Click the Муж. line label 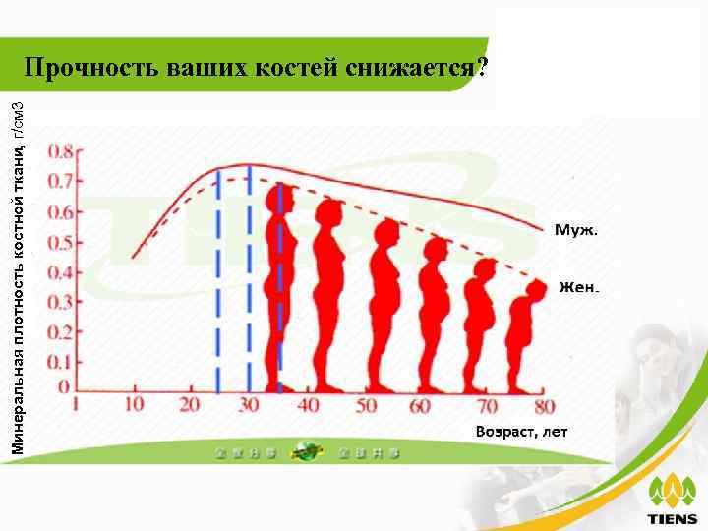576,229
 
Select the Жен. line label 578,288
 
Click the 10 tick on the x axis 135,405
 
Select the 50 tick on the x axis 366,405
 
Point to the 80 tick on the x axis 544,405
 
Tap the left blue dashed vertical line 217,285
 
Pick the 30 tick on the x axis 249,405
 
